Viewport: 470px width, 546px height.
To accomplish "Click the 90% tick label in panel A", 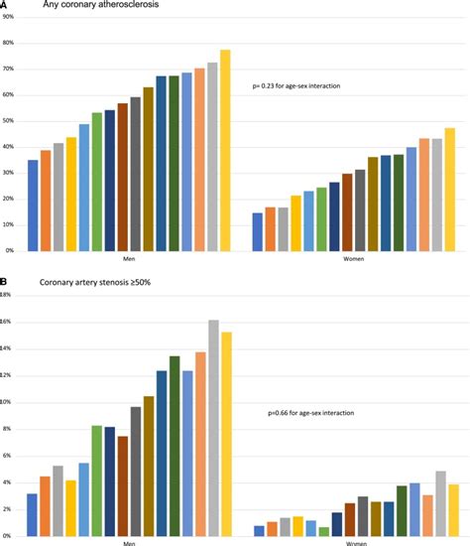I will tap(8, 18).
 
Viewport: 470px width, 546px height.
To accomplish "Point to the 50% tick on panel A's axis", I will tap(8, 121).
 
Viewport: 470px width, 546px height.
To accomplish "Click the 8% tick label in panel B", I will tap(8, 429).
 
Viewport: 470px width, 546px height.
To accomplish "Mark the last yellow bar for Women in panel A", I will tap(450, 189).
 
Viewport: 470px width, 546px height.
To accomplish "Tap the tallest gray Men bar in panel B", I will tap(212, 427).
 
